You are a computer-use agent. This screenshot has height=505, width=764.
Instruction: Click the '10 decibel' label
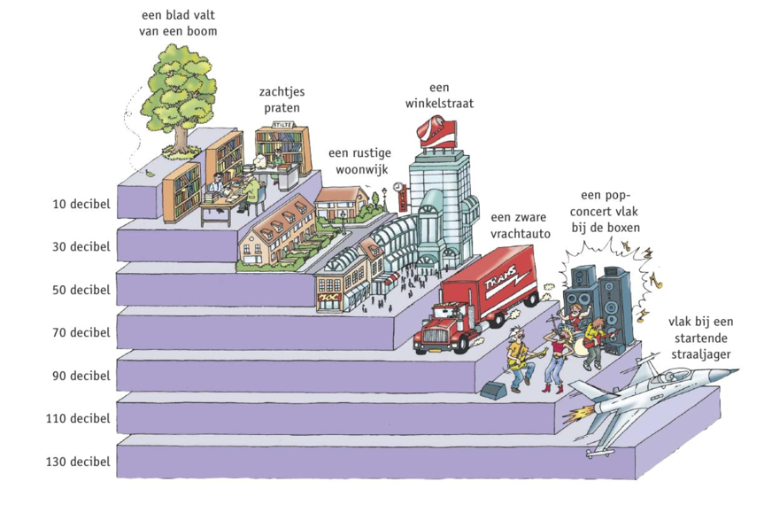81,204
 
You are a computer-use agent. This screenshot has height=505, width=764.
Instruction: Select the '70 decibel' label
81,332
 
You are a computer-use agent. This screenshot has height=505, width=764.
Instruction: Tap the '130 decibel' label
78,461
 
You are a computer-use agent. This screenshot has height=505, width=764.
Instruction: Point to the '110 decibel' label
78,418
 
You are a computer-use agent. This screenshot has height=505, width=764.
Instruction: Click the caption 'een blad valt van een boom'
178,24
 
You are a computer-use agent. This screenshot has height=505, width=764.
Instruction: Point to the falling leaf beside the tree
150,174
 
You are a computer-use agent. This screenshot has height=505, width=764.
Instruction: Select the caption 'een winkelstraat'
439,96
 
